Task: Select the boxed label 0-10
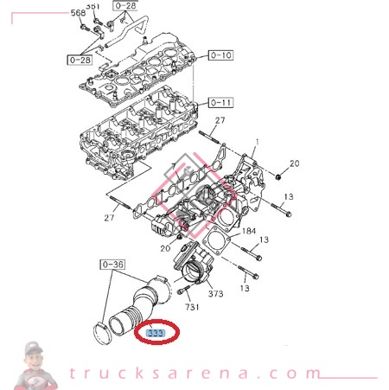click(x=220, y=55)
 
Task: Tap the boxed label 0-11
click(x=220, y=102)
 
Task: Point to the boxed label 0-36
click(x=113, y=264)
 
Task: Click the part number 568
click(x=77, y=13)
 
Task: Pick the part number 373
click(x=215, y=294)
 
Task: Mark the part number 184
click(x=248, y=231)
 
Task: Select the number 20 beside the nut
click(x=294, y=163)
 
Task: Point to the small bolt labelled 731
click(x=184, y=291)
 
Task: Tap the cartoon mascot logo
click(x=35, y=362)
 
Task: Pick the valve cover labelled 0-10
click(x=138, y=69)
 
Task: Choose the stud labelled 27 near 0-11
click(x=210, y=136)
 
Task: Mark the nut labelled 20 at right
click(x=279, y=173)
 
